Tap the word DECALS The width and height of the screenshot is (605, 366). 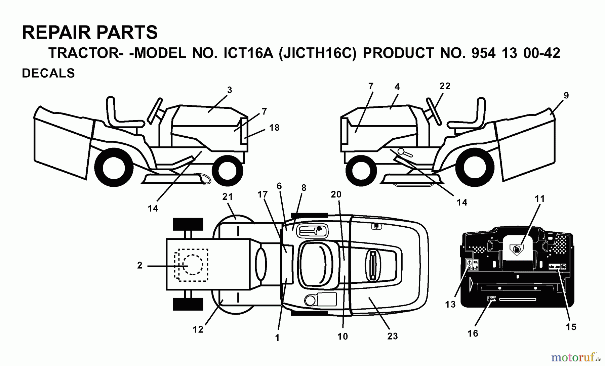(48, 73)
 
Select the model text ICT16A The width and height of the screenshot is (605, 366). (248, 53)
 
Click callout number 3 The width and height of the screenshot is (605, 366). (230, 90)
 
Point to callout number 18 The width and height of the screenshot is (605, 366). (274, 128)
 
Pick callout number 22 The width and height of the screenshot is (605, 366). (445, 86)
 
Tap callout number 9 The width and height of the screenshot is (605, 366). (566, 96)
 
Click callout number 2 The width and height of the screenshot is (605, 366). (140, 266)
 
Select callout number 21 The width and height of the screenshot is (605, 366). (228, 197)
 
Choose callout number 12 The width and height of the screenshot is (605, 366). (198, 329)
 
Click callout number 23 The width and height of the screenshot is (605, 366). (392, 336)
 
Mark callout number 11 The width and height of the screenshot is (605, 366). (539, 199)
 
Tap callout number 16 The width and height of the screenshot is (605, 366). (473, 333)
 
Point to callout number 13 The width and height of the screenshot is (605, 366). (450, 304)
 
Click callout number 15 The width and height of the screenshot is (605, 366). (571, 327)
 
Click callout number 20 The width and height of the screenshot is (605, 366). (336, 194)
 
